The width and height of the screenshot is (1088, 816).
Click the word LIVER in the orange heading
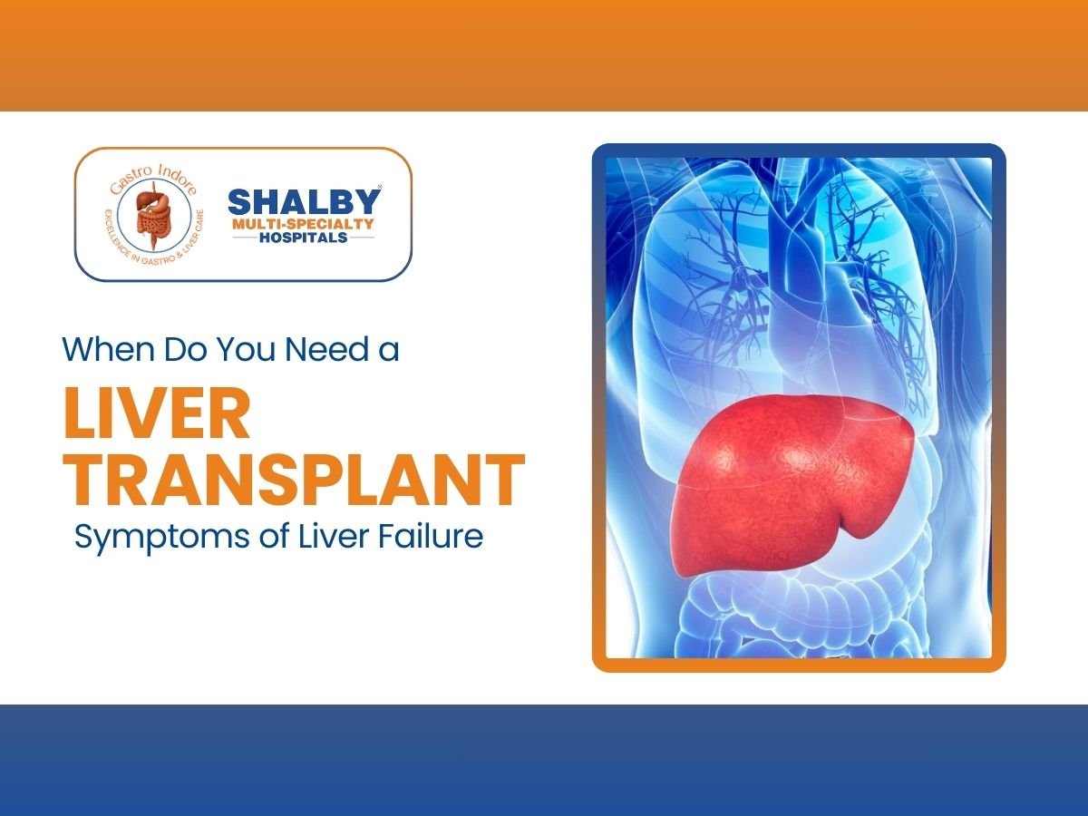[x=156, y=414]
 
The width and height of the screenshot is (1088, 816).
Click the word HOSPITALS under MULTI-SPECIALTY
[x=303, y=238]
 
